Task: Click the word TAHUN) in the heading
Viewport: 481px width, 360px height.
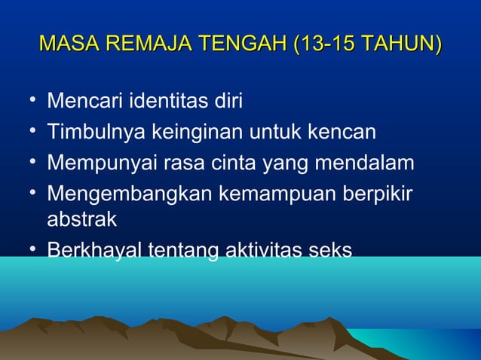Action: point(401,43)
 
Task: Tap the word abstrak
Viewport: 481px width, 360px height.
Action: point(81,220)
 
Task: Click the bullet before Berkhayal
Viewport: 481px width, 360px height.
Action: point(29,249)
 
